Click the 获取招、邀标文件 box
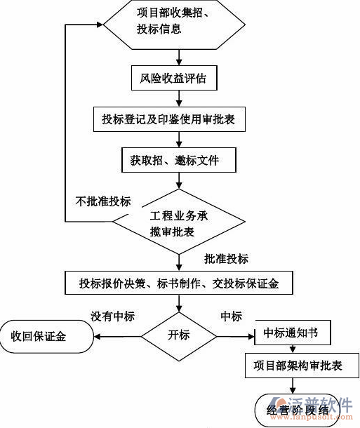175,161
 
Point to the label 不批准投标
103,202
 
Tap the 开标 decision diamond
179,335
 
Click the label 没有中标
112,316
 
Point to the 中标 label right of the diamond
232,316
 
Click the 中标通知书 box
291,332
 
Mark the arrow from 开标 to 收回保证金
119,335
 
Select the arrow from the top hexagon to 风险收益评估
175,56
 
